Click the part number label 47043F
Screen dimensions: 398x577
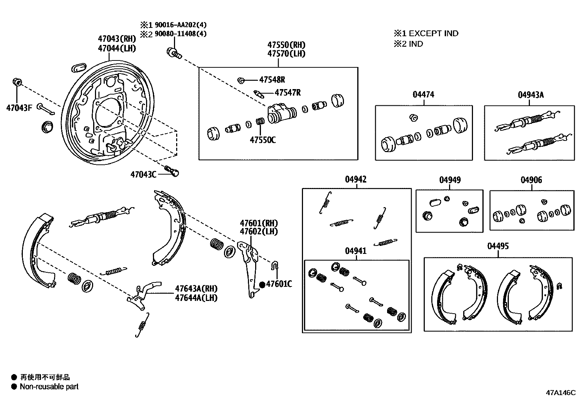click(19, 108)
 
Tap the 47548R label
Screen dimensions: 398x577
click(272, 80)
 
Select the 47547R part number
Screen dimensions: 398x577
click(287, 93)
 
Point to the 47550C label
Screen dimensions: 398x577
click(262, 140)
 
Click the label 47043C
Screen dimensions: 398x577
click(143, 175)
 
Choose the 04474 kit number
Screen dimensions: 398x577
click(423, 95)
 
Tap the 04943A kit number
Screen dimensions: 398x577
click(531, 95)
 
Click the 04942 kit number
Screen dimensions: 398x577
click(356, 179)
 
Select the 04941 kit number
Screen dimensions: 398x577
click(356, 251)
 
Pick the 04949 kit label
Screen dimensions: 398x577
click(450, 180)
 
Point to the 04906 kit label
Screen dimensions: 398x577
click(531, 180)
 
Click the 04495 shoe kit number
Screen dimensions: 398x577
click(498, 246)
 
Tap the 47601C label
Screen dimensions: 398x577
click(279, 284)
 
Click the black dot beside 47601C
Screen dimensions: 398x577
click(262, 284)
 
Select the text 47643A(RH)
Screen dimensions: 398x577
click(196, 289)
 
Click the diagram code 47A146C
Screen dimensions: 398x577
click(561, 393)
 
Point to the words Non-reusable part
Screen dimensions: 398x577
click(49, 387)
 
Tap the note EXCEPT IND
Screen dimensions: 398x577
click(433, 34)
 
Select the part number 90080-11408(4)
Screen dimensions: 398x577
click(180, 34)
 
